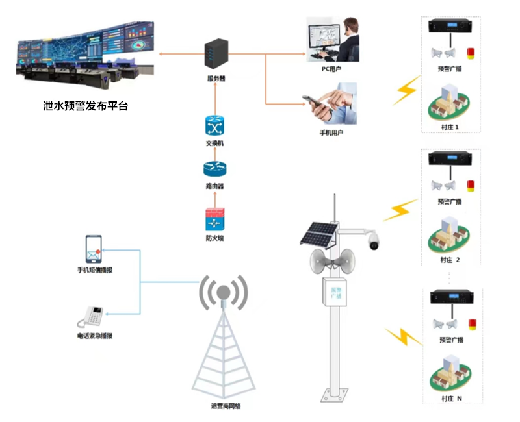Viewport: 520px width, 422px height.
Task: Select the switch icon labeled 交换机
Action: point(214,125)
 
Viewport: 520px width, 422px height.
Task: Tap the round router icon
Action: point(214,168)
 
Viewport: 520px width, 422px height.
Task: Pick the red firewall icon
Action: point(214,219)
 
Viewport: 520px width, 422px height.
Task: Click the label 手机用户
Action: point(331,132)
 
